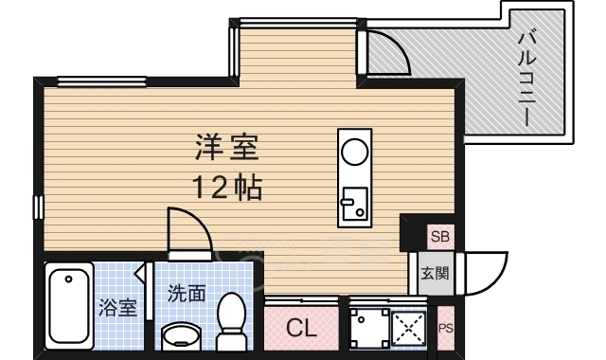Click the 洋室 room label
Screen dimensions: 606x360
(226, 148)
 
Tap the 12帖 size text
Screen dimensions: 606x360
(227, 188)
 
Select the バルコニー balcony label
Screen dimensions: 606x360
(527, 79)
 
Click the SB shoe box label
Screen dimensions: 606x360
(440, 236)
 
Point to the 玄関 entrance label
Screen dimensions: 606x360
(436, 273)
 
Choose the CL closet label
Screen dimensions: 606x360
(301, 329)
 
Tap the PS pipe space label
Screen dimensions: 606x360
(446, 329)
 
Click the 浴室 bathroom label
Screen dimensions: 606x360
(117, 307)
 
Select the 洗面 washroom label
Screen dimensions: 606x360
(187, 294)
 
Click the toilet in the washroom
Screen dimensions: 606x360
(231, 322)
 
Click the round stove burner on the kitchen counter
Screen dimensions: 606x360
(355, 152)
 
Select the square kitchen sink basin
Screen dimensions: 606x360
(354, 204)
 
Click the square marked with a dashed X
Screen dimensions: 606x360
(408, 330)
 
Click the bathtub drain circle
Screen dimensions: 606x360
(69, 279)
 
